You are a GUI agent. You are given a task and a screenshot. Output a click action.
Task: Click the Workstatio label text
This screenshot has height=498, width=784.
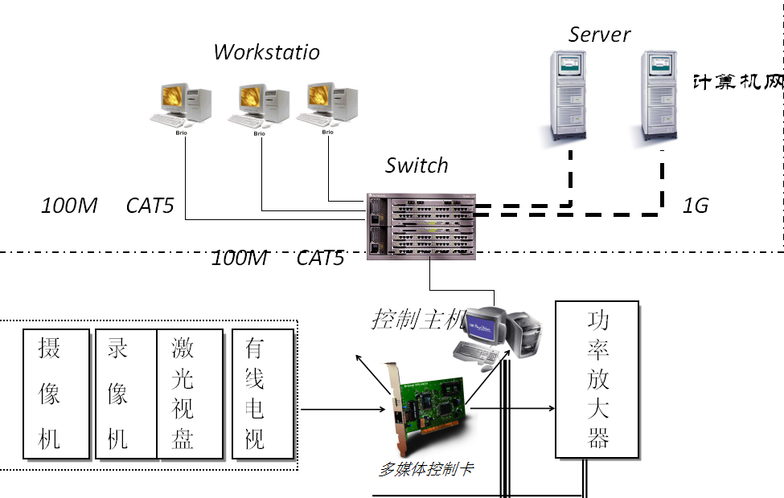pyautogui.click(x=266, y=52)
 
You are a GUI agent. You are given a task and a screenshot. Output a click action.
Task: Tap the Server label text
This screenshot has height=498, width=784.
pyautogui.click(x=599, y=35)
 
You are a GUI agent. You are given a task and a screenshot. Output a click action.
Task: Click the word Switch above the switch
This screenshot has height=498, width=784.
pyautogui.click(x=417, y=165)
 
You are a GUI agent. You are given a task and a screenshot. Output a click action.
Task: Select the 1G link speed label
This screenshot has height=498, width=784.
pyautogui.click(x=696, y=206)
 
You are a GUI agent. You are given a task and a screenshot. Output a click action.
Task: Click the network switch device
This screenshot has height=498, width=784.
pyautogui.click(x=421, y=226)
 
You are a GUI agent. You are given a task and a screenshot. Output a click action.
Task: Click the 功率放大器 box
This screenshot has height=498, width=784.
pyautogui.click(x=597, y=379)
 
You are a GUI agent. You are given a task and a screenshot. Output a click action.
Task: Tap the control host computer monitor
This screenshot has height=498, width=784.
pyautogui.click(x=486, y=325)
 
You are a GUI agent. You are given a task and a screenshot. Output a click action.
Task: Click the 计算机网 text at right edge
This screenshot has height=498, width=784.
pyautogui.click(x=738, y=82)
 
